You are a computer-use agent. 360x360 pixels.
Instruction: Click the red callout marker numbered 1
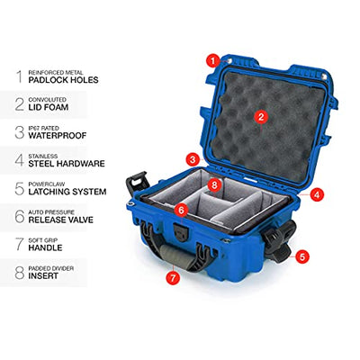[x=213, y=61]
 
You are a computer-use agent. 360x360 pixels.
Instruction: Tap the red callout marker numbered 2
[x=261, y=117]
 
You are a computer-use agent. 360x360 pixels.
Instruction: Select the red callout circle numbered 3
[x=193, y=159]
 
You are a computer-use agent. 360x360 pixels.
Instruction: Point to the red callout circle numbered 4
[x=317, y=195]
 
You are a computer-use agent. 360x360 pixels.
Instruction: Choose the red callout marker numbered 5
[x=301, y=256]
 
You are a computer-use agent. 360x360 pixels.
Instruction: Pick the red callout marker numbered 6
[x=181, y=211]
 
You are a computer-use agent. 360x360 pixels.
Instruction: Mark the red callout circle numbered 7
[x=173, y=277]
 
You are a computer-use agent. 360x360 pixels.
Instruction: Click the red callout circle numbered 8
[x=214, y=184]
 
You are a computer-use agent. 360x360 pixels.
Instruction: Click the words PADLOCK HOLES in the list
[x=63, y=80]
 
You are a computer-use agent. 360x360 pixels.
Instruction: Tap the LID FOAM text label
[x=49, y=107]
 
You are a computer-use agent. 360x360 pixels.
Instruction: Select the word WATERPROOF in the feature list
[x=58, y=136]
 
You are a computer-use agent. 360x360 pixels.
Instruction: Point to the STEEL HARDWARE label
[x=67, y=164]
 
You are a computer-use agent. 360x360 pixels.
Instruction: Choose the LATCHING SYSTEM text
[x=67, y=192]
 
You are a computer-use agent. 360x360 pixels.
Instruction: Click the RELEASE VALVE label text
[x=61, y=220]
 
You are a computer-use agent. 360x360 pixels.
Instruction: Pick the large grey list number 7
[x=20, y=244]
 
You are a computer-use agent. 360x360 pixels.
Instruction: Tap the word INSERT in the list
[x=43, y=276]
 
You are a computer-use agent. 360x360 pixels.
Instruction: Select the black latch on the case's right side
[x=278, y=241]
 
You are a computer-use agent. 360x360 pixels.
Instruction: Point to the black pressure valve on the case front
[x=181, y=232]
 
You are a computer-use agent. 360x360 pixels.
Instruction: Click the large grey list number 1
[x=20, y=76]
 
